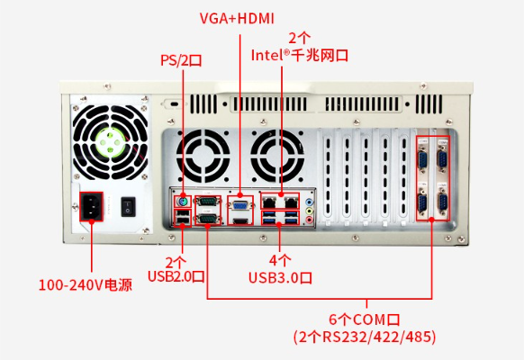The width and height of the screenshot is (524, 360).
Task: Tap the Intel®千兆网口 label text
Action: [x=299, y=55]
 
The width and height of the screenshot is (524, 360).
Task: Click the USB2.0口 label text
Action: [x=181, y=275]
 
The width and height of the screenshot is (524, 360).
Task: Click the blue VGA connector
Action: [x=240, y=202]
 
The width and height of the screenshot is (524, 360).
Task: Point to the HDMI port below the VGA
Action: [x=240, y=217]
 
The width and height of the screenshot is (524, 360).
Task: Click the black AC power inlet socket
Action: [x=92, y=205]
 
